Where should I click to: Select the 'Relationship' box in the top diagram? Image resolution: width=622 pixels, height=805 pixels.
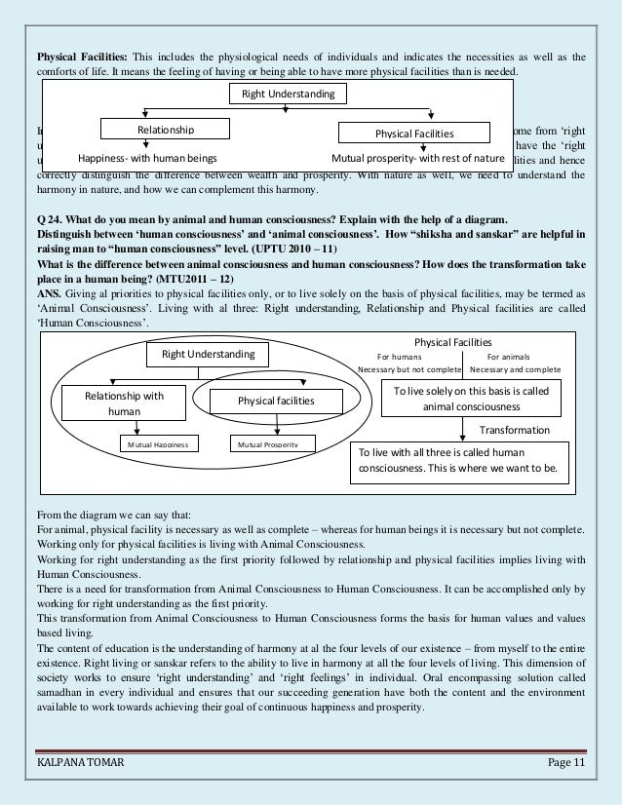click(x=165, y=130)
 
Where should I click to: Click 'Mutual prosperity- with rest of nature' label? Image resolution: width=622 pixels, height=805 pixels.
click(x=418, y=157)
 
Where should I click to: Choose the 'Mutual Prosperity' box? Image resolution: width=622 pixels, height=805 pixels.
click(x=263, y=444)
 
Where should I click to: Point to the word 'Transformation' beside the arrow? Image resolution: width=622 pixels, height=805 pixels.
click(x=515, y=429)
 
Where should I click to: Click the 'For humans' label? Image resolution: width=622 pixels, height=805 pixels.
click(x=399, y=357)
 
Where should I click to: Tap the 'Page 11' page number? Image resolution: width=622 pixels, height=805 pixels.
click(x=564, y=775)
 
